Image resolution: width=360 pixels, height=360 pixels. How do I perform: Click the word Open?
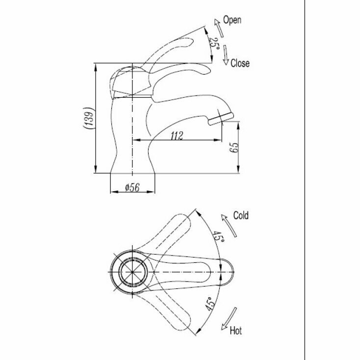point(232,20)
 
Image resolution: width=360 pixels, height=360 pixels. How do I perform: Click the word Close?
point(240,63)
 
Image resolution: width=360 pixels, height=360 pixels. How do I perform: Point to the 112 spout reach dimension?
point(177,136)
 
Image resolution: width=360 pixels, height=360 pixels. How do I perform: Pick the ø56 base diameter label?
point(132,187)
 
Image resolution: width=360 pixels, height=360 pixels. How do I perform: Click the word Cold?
point(241,215)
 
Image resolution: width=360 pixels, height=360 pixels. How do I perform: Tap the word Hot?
point(235,331)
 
